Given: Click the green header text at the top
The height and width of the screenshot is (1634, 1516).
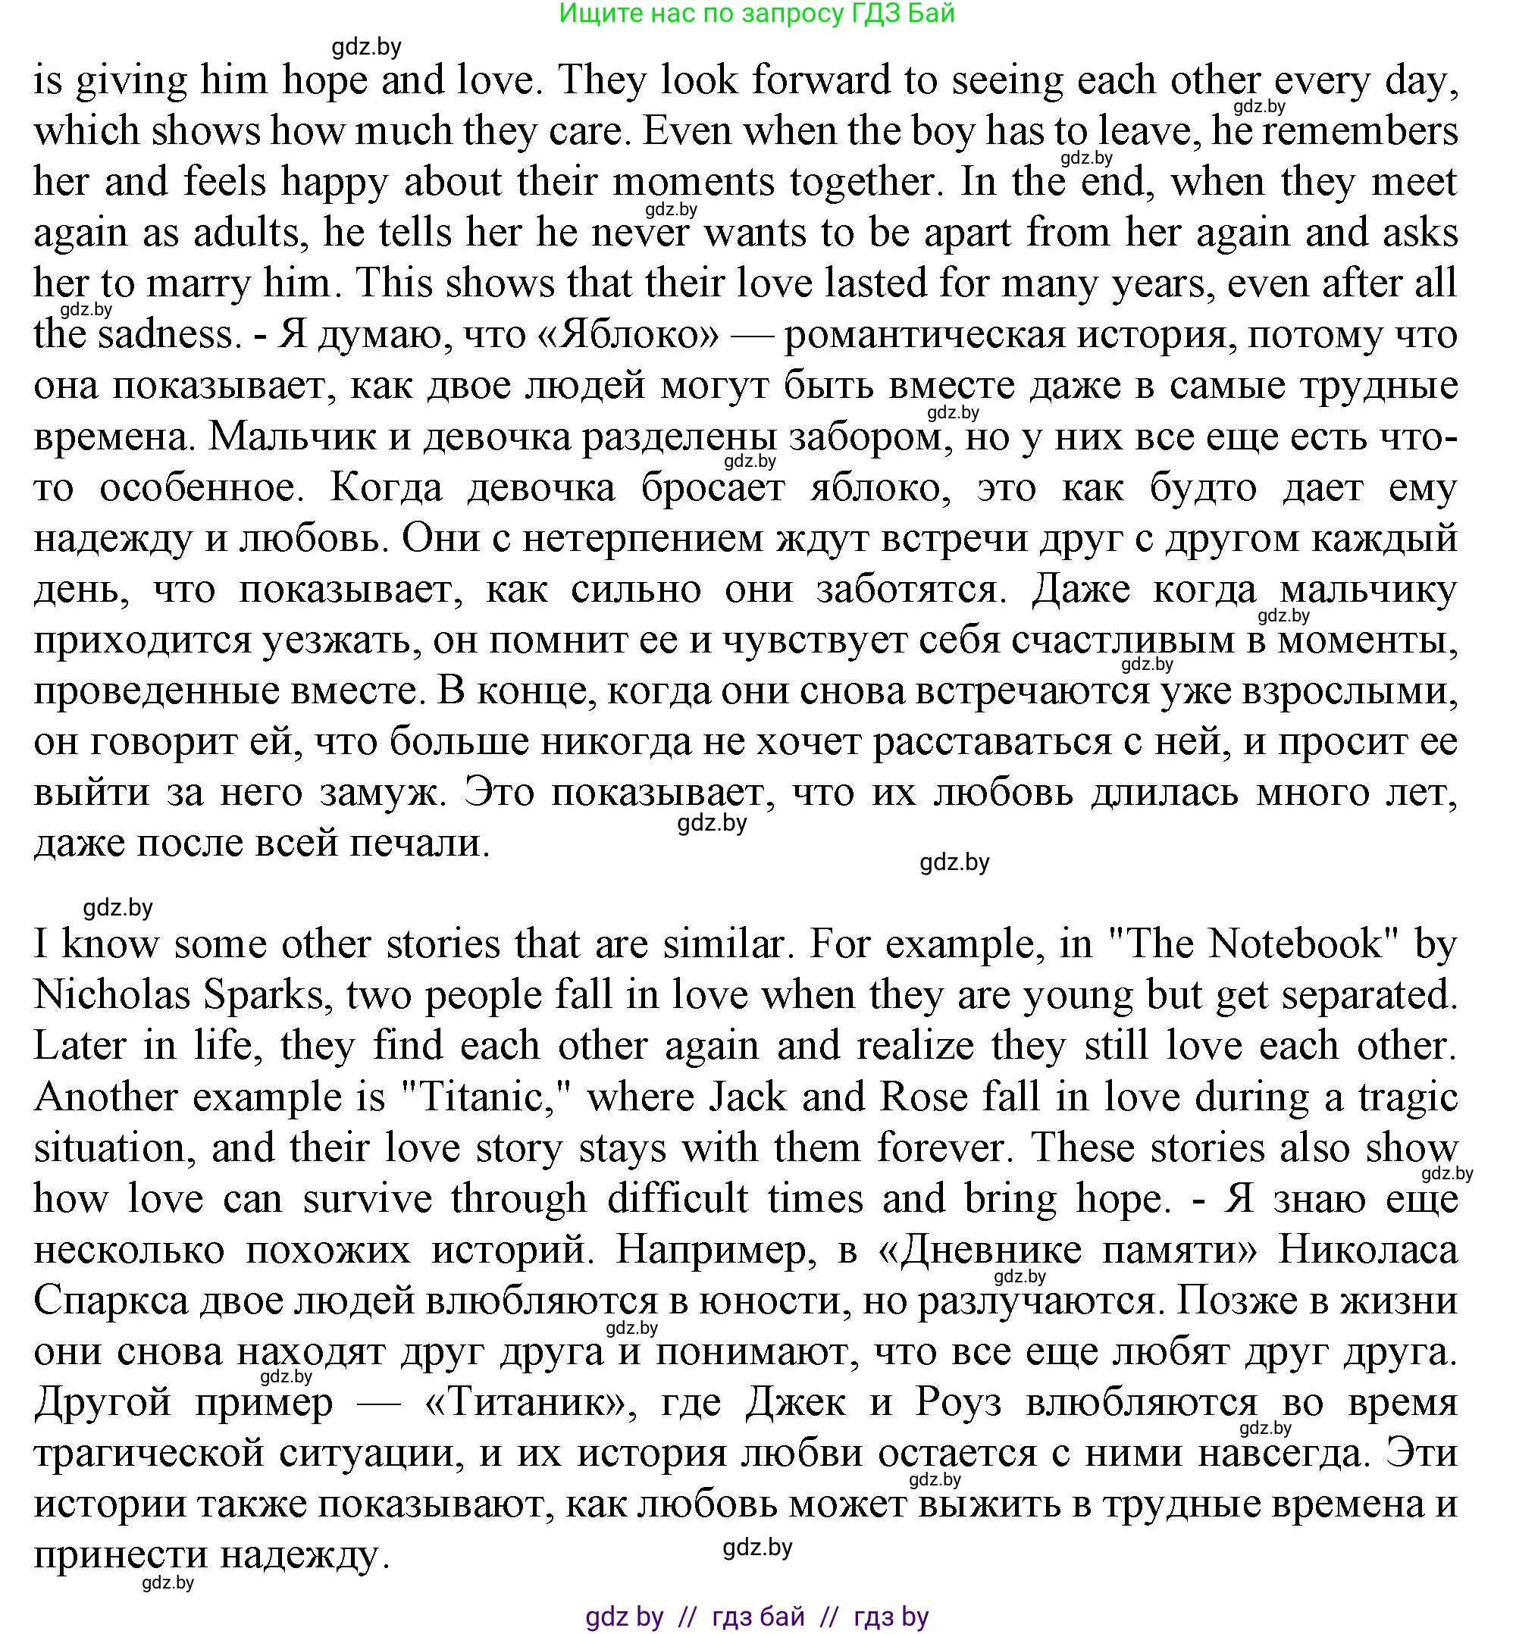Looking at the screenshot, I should [756, 14].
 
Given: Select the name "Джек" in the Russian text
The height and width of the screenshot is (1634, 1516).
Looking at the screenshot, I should [795, 1402].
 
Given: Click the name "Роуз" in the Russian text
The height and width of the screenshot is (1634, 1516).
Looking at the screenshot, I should [958, 1402].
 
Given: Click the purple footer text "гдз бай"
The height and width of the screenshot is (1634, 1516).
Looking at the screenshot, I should [758, 1616].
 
